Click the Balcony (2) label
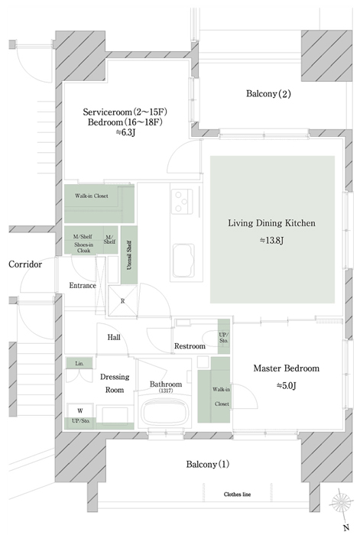click(x=268, y=93)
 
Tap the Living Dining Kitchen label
click(x=271, y=223)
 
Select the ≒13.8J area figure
click(x=271, y=241)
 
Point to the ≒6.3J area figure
click(x=125, y=133)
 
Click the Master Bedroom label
click(x=287, y=368)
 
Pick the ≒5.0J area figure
click(x=286, y=386)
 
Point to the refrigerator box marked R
click(x=123, y=301)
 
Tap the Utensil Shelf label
click(x=129, y=255)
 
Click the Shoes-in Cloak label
click(x=83, y=248)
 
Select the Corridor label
click(x=25, y=264)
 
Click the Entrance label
click(x=83, y=286)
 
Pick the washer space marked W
click(x=80, y=410)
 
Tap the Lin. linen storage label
click(x=79, y=364)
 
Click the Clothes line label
click(x=237, y=494)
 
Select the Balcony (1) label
click(x=207, y=465)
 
